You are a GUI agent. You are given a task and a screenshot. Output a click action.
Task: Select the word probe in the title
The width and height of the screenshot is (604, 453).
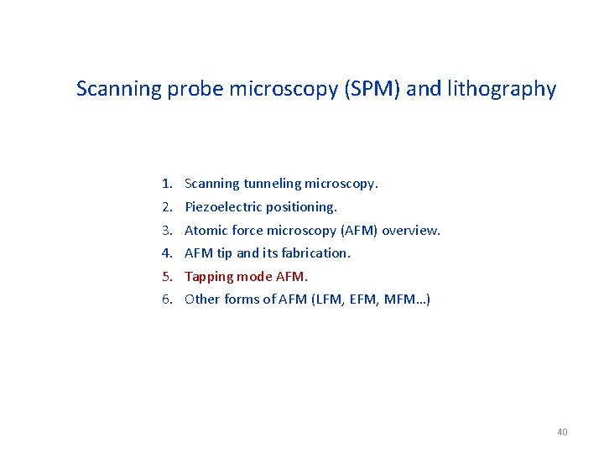point(188,89)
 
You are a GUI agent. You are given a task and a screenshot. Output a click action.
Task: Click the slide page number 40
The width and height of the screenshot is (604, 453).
point(562,432)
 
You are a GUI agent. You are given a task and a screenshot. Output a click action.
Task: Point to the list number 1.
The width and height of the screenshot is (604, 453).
point(167,183)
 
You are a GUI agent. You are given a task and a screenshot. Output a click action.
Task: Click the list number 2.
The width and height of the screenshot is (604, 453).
point(167,206)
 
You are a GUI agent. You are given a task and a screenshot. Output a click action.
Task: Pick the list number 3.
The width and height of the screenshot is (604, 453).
point(167,230)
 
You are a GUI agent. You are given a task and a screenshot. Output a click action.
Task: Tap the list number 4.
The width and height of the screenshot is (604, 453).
point(167,253)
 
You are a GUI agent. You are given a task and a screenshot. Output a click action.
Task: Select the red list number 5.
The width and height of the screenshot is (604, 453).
point(167,276)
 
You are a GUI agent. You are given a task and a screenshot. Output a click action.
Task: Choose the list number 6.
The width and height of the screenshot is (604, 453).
point(167,299)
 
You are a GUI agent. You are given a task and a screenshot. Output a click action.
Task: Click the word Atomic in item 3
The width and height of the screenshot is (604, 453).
point(203,230)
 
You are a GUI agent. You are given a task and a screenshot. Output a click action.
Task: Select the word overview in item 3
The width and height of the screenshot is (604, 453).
point(411,230)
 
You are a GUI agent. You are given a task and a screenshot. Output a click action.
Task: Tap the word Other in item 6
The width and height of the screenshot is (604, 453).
point(201,299)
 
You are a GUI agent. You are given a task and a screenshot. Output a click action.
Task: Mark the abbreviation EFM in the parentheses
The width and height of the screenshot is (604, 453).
point(356,299)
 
